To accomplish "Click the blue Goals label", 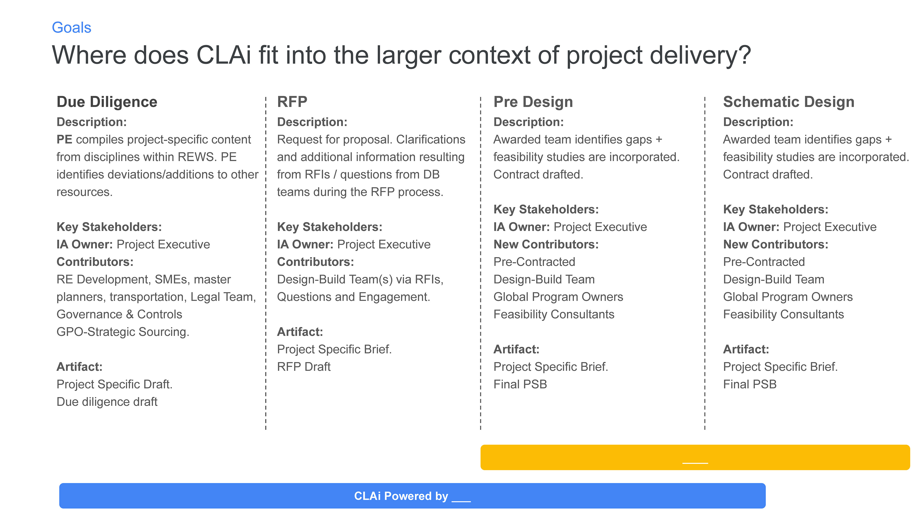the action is click(x=71, y=28).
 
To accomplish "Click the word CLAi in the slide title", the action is click(x=224, y=55).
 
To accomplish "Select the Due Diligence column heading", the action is click(x=107, y=102).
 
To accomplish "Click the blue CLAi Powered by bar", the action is click(x=412, y=496).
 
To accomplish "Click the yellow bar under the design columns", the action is click(x=695, y=457).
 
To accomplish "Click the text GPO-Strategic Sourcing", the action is click(x=123, y=332).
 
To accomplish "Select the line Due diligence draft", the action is click(x=107, y=402).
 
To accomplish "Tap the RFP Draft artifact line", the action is click(x=304, y=367).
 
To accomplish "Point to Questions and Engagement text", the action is click(x=353, y=297).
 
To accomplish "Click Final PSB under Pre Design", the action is click(x=520, y=384).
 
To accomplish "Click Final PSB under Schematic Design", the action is click(x=750, y=384).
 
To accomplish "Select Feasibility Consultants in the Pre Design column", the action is click(x=554, y=314).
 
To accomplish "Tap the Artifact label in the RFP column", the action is click(x=300, y=332).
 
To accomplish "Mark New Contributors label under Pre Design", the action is click(x=546, y=244).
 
